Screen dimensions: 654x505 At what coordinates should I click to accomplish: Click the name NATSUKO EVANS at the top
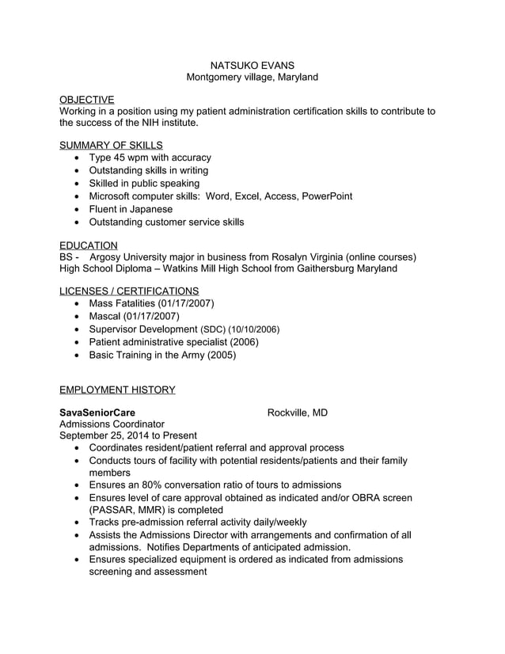click(x=252, y=64)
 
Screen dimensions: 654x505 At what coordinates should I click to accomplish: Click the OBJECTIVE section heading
click(x=86, y=99)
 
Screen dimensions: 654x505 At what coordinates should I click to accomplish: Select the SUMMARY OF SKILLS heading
click(x=111, y=145)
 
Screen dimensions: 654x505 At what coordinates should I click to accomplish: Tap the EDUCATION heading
click(x=89, y=245)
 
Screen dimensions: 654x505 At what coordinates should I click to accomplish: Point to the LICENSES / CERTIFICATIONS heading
click(x=129, y=291)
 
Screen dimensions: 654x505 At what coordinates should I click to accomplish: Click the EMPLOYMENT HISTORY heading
click(x=117, y=390)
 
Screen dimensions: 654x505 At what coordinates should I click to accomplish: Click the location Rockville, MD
click(x=297, y=413)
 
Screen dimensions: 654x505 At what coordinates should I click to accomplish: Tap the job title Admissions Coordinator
click(x=112, y=424)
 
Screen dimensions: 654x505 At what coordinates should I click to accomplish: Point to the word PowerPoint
click(x=326, y=196)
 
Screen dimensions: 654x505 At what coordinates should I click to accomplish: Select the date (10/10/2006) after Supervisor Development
click(x=253, y=329)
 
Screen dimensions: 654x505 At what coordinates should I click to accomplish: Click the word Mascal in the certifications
click(x=105, y=316)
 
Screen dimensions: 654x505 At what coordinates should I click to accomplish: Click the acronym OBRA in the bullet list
click(x=363, y=497)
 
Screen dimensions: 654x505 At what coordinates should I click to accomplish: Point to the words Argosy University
click(x=128, y=257)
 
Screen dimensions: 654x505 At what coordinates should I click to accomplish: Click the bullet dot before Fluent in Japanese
click(x=76, y=210)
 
